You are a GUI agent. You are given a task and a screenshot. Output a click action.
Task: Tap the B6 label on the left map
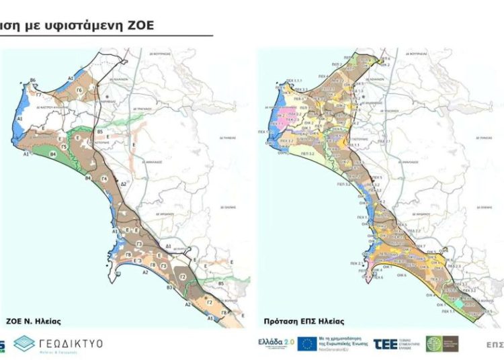point(32,81)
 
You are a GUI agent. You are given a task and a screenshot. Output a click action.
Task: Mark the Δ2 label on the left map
point(123,183)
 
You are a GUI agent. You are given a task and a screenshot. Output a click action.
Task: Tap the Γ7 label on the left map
point(38,95)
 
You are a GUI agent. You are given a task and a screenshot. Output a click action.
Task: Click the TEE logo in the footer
point(387,344)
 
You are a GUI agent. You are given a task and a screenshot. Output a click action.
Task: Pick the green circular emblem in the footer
point(434,344)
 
